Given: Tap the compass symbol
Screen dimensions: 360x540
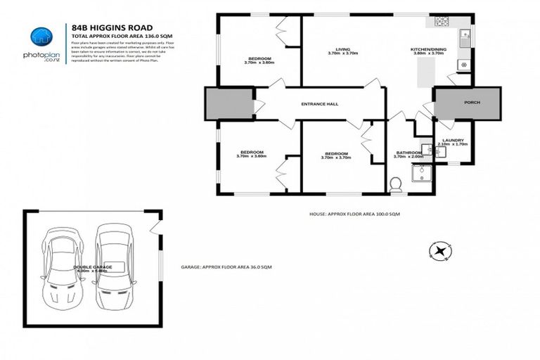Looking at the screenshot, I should click(x=441, y=249).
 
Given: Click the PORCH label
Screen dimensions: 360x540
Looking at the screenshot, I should click(x=472, y=103).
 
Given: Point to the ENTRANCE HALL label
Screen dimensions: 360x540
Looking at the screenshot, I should click(x=320, y=104).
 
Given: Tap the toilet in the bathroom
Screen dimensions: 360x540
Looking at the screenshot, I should click(x=395, y=184).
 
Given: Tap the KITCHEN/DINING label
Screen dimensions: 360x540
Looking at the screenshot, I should click(x=427, y=49).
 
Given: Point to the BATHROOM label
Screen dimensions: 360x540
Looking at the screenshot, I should click(x=409, y=153).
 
